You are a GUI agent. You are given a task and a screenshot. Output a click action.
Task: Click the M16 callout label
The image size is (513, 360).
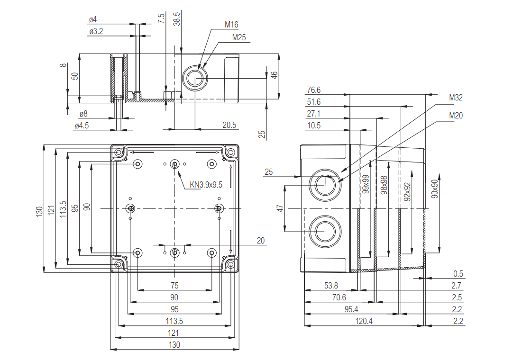(231, 25)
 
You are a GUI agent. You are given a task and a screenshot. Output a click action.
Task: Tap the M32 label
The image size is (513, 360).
(456, 98)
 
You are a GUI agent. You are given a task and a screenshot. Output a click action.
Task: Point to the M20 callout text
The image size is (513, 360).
(456, 116)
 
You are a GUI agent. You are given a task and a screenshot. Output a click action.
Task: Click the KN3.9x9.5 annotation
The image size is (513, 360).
(206, 185)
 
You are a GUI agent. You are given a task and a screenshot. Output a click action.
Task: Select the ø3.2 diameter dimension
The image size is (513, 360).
(96, 31)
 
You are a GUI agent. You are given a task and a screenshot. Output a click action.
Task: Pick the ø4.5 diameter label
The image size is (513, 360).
(82, 126)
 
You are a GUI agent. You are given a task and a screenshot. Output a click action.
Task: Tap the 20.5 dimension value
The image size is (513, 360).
(229, 125)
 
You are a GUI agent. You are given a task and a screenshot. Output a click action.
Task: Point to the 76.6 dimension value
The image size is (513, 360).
(313, 90)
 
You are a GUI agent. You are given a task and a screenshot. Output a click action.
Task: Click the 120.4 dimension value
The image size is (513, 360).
(364, 321)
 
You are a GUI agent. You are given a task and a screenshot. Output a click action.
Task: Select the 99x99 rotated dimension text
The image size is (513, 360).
(366, 184)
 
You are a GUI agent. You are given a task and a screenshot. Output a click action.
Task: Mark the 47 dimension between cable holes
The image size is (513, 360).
(280, 208)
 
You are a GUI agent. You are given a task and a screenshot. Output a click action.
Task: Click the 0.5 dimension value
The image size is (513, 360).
(458, 274)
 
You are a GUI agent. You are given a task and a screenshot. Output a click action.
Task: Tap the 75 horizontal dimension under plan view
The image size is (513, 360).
(174, 286)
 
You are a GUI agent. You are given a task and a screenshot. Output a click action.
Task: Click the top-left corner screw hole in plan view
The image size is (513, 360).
(118, 153)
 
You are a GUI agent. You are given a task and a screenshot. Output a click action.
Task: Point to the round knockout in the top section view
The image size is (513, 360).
(194, 78)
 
